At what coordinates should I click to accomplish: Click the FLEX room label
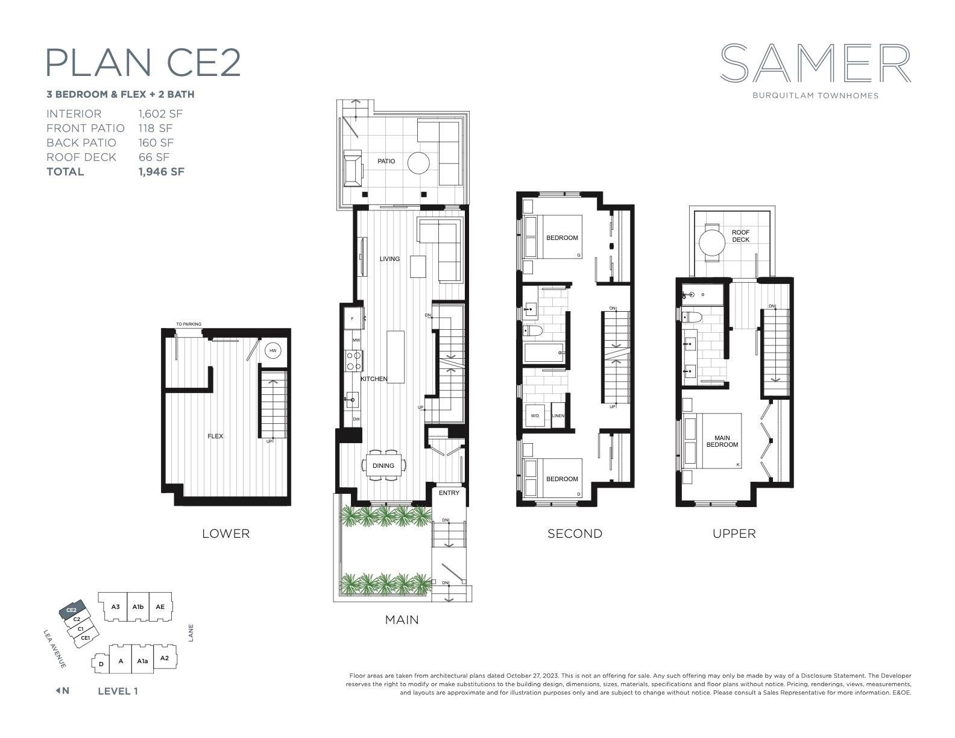(x=215, y=436)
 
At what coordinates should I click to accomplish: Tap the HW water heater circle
(x=273, y=351)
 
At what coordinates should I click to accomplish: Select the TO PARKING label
(x=189, y=324)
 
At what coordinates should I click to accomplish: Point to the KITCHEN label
(x=374, y=379)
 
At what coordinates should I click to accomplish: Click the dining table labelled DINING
(x=383, y=465)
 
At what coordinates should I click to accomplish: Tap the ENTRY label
(x=449, y=493)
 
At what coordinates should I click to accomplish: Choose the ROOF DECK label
(x=740, y=236)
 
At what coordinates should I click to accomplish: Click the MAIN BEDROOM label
(x=722, y=441)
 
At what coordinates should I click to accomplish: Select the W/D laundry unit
(x=535, y=415)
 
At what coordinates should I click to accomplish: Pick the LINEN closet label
(x=558, y=416)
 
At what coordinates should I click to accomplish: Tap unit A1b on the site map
(x=138, y=607)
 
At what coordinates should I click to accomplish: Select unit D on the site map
(x=101, y=664)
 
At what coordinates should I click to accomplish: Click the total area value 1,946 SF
(x=162, y=172)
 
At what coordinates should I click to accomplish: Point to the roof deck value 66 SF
(x=154, y=157)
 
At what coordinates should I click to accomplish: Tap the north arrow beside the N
(x=57, y=690)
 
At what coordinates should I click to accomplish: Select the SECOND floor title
(x=575, y=534)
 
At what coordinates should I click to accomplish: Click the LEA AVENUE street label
(x=55, y=649)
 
